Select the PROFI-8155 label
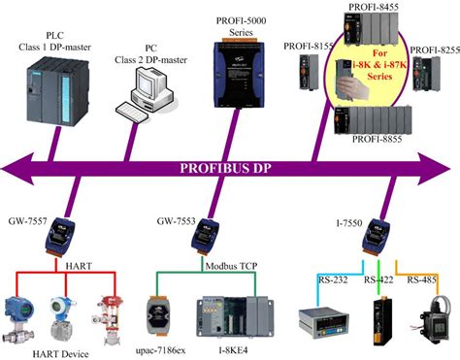308,46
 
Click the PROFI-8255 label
434,49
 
